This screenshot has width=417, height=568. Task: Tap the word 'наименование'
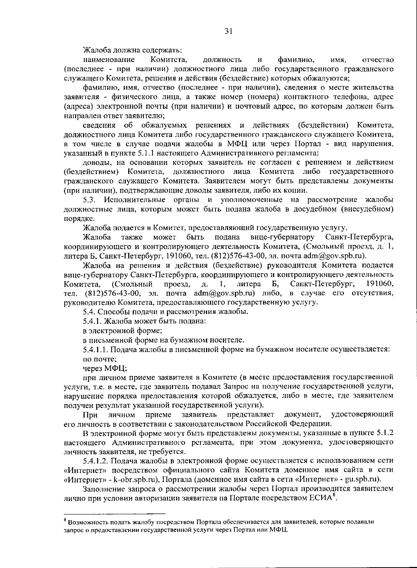(109, 60)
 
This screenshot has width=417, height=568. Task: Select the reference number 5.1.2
(385, 433)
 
